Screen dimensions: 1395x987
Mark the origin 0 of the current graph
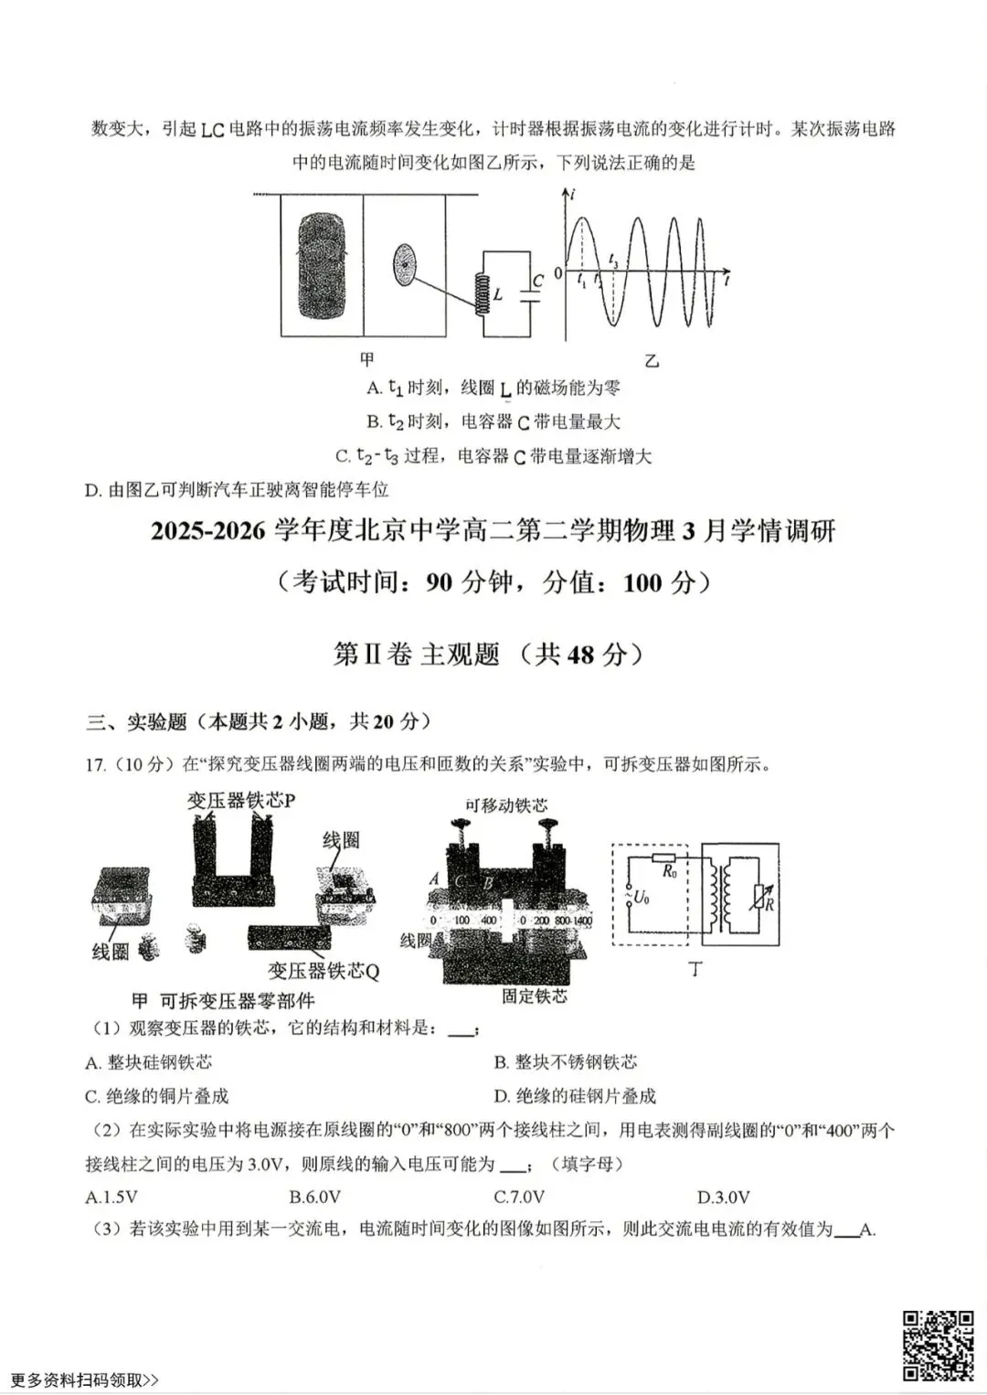(557, 273)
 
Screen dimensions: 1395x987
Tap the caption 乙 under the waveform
(652, 361)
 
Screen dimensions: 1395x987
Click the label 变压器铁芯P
(241, 801)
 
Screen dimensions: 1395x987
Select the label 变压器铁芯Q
(324, 971)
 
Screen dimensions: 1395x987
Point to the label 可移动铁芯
(506, 804)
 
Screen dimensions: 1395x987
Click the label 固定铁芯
(534, 996)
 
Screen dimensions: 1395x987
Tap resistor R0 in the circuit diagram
(665, 859)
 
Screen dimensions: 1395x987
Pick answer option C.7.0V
(519, 1197)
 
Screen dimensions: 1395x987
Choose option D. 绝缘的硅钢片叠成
(575, 1095)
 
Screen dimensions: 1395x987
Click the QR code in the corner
(939, 1345)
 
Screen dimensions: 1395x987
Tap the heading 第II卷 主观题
(417, 654)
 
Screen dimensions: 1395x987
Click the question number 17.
(95, 765)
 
